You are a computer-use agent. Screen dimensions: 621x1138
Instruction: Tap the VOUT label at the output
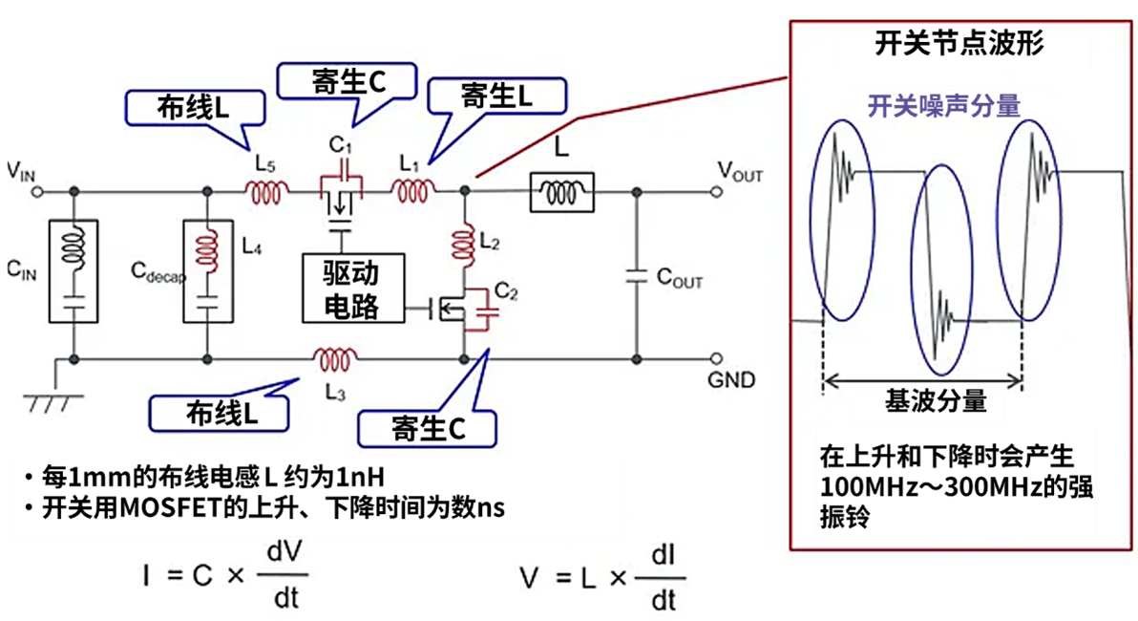point(740,171)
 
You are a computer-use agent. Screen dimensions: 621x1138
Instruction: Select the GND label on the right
point(731,380)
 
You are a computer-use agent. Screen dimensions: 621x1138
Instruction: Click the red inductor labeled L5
point(269,193)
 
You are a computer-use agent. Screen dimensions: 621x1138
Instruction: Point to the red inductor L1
point(412,192)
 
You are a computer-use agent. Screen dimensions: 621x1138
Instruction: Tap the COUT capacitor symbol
point(637,277)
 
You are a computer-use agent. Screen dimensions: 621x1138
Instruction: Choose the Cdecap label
point(157,271)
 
